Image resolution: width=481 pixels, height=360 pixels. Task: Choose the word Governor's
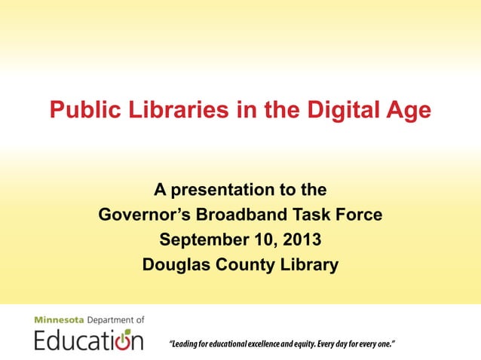coord(144,215)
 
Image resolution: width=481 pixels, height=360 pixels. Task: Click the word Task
coord(314,215)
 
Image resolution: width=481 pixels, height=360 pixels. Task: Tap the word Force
coord(360,215)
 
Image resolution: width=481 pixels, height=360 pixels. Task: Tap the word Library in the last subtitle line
coord(310,266)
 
